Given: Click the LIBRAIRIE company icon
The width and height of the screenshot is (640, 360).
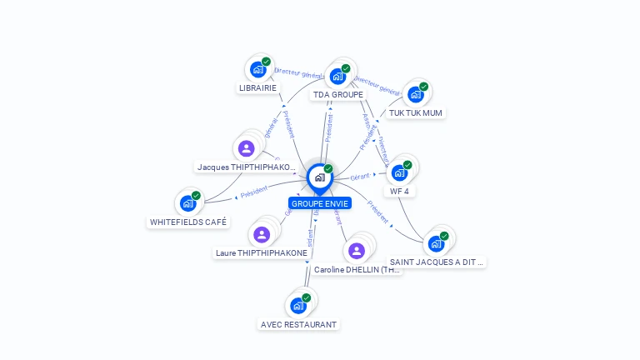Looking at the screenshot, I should click(258, 70).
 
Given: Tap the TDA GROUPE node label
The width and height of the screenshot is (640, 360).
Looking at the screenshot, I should click(338, 95).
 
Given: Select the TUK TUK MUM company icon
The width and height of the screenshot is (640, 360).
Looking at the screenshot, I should click(416, 94).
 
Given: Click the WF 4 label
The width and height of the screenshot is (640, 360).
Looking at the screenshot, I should click(400, 191).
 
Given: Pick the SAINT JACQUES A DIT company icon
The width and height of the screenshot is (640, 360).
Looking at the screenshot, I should click(436, 243).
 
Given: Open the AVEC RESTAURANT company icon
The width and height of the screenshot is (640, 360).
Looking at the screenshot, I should click(298, 306).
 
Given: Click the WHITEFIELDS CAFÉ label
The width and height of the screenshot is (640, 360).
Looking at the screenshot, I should click(188, 222).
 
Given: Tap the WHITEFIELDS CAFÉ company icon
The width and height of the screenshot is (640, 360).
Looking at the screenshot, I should click(188, 202).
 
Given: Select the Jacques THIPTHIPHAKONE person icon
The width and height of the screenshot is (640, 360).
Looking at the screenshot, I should click(246, 148).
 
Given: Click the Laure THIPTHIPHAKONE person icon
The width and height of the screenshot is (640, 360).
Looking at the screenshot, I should click(262, 234).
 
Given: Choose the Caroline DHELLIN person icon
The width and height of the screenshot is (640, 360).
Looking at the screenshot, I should click(357, 250).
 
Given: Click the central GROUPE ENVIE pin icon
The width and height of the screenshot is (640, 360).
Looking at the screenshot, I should click(319, 177).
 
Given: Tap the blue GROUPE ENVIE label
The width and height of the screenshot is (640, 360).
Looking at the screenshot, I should click(320, 203).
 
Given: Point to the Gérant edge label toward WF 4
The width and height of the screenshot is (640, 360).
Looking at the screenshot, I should click(360, 177).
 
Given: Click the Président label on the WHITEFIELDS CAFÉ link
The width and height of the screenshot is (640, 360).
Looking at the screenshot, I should click(253, 191).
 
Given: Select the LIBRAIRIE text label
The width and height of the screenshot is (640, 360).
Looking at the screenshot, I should click(257, 87).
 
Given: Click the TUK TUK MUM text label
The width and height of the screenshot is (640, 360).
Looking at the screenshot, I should click(416, 112).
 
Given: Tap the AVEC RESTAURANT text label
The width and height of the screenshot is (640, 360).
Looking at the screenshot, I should click(298, 324).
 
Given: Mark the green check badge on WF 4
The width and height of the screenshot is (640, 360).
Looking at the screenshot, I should click(407, 165).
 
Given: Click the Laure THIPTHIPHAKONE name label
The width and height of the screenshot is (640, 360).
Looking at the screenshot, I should click(262, 252).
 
